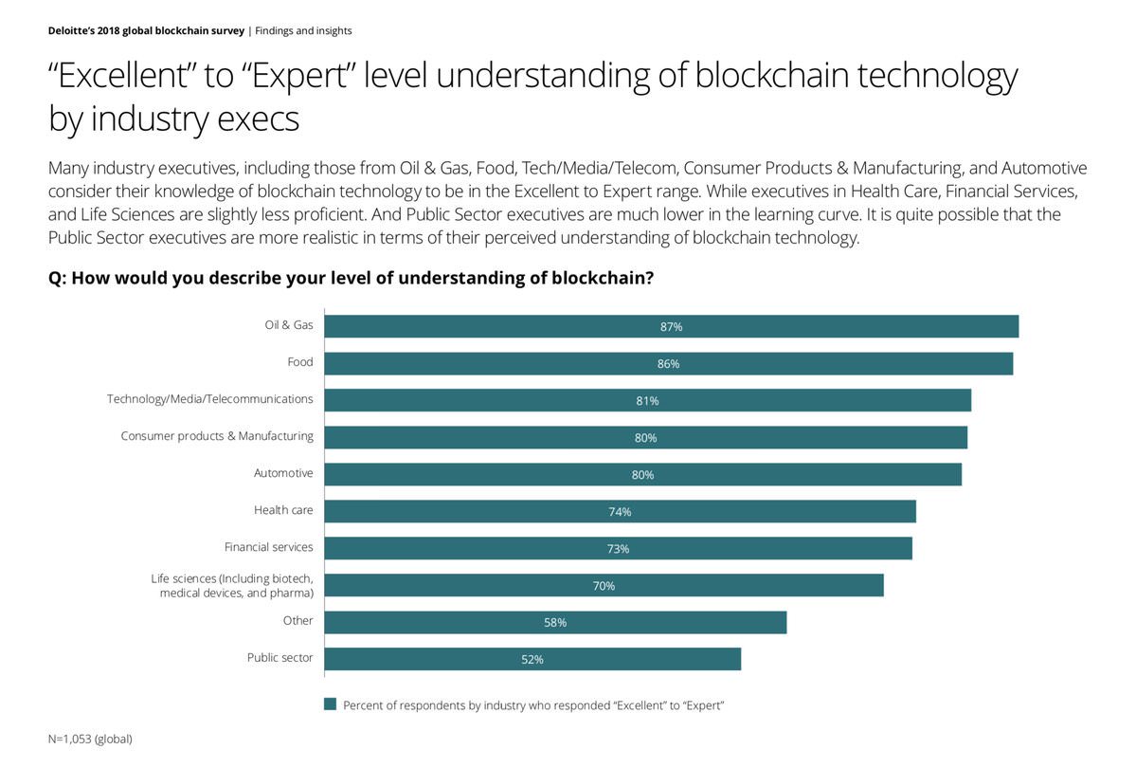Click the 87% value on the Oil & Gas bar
671,327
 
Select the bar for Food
668,364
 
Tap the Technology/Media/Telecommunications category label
209,399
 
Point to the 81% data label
647,401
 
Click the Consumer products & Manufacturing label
217,436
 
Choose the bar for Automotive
642,474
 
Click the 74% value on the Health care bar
620,512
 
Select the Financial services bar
618,548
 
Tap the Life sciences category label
232,585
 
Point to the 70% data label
604,586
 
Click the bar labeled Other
555,622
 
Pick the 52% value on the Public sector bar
532,660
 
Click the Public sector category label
279,658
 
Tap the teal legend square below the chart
331,704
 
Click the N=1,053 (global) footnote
90,739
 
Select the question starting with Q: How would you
351,279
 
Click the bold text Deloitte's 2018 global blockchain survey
146,31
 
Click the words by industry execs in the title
173,119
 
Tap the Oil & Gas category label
288,325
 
